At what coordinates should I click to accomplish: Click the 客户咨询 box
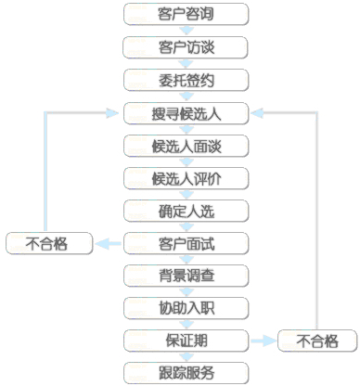(186, 14)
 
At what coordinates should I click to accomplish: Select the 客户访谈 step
(186, 46)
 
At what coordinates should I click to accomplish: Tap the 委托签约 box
(186, 79)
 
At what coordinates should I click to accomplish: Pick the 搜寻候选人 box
(186, 113)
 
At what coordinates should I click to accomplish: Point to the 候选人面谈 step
(186, 146)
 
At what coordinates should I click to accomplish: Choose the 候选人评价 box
(186, 178)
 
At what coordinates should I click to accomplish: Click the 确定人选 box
(186, 211)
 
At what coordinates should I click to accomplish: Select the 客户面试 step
(186, 243)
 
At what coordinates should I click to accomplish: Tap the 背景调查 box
(186, 276)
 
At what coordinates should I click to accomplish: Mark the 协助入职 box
(186, 307)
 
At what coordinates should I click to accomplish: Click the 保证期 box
(186, 340)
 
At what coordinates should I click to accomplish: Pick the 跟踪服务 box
(186, 373)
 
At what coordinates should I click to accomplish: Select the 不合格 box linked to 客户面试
(48, 243)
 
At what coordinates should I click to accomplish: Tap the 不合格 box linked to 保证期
(317, 341)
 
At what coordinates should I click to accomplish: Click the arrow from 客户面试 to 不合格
(109, 243)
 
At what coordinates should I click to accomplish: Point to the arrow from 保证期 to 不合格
(263, 340)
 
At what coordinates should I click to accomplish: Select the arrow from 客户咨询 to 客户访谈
(186, 31)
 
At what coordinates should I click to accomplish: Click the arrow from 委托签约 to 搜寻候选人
(186, 96)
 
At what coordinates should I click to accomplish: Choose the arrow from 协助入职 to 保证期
(186, 324)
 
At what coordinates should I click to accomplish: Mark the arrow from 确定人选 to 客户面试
(186, 227)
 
